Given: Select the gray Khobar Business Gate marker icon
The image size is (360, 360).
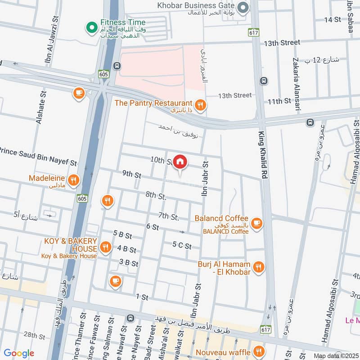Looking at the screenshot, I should (x=243, y=8).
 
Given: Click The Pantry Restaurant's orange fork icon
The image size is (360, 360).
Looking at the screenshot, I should (x=200, y=105).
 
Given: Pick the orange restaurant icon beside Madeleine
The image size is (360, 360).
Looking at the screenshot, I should (x=73, y=180).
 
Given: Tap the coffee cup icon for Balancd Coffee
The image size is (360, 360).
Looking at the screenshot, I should (x=256, y=223).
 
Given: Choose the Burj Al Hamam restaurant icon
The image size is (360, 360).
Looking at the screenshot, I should (x=258, y=268).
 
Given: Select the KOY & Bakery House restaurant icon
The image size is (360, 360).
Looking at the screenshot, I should (x=105, y=247).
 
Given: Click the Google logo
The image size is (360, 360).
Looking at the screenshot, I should (x=19, y=353).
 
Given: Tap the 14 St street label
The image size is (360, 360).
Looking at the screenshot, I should (x=333, y=19).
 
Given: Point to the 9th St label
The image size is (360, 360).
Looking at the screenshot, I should (x=131, y=174).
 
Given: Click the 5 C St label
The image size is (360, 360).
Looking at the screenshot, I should (x=182, y=246).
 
